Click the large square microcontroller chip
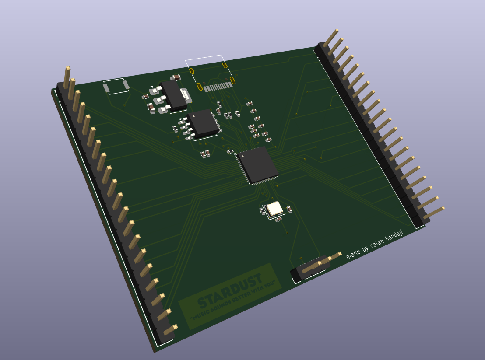257,165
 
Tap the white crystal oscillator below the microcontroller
274,209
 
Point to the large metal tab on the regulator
186,95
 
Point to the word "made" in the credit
353,254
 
